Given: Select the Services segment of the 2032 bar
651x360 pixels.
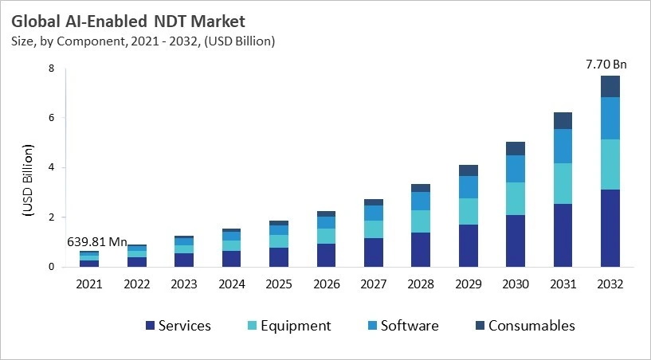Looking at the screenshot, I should pos(610,228).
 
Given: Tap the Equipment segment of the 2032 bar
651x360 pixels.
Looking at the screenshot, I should pos(610,164).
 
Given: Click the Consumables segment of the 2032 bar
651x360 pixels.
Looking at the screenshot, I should pos(610,86).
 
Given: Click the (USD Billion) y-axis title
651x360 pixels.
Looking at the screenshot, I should pos(27,181).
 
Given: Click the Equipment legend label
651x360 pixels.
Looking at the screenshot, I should pos(295,326).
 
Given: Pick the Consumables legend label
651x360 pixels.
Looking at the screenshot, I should pos(531,326).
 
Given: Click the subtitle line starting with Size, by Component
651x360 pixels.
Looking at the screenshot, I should pos(143,41).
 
